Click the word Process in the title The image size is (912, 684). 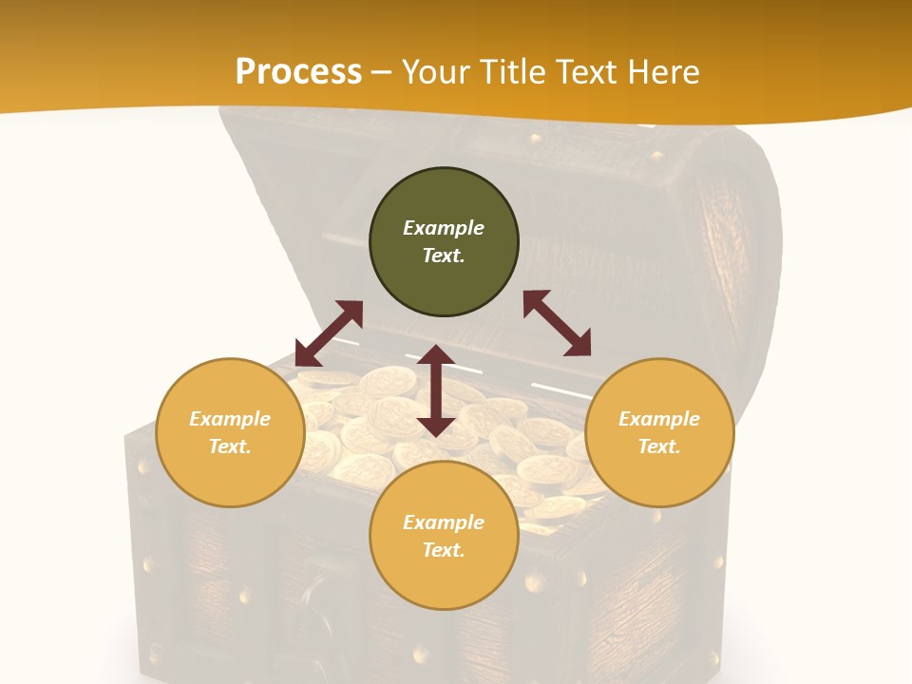tap(298, 72)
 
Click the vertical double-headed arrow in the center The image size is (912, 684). tap(436, 390)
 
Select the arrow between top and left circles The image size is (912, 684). tap(329, 333)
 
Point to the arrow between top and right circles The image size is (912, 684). tap(558, 323)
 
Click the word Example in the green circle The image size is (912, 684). tap(444, 228)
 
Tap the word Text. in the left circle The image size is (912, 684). tap(230, 446)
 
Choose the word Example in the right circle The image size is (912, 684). tap(659, 419)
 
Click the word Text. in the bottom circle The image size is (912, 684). tap(444, 550)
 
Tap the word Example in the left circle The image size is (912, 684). tap(230, 419)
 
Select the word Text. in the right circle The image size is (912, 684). tap(659, 446)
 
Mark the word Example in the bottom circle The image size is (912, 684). tap(444, 522)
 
